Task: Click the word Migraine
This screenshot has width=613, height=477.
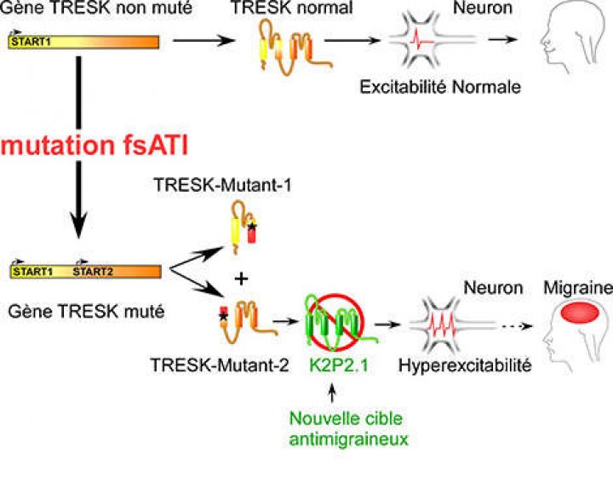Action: click(578, 288)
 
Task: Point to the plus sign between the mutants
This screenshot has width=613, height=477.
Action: click(241, 279)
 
